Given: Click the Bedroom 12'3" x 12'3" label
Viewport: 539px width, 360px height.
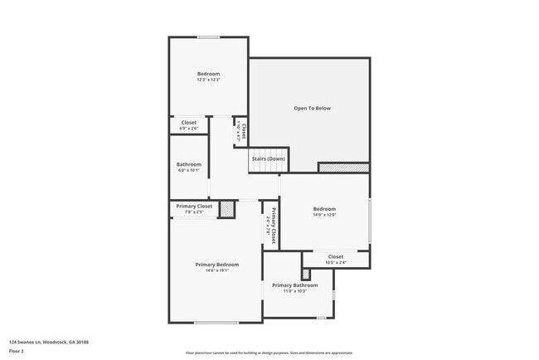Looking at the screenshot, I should point(208,76).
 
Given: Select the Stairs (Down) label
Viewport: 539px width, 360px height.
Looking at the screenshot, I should point(268,158).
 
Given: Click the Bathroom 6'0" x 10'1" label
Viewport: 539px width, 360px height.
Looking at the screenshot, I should point(188,167).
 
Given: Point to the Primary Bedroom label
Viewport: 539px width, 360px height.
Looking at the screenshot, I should point(216,266).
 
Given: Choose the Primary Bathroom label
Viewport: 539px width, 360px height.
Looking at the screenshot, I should point(294,287).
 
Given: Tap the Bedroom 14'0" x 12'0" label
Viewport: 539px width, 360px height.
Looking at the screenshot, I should point(324,211).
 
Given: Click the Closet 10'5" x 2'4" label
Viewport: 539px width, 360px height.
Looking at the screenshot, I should point(335,259).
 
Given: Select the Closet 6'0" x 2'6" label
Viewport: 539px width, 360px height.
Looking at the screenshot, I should point(188,124).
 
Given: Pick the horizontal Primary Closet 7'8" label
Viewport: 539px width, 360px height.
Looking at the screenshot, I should point(193,208).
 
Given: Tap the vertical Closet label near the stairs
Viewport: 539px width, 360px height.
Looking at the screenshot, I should point(243,130).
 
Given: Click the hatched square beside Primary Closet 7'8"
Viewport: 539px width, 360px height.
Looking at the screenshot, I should point(226,209).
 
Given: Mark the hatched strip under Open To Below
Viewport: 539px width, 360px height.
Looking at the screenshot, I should point(343,168).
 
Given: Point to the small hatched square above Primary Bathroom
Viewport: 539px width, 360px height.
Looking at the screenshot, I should point(306,273).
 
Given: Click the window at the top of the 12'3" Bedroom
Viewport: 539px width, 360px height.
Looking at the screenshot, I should point(208,37).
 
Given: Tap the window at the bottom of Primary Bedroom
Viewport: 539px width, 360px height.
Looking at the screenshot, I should point(216,322).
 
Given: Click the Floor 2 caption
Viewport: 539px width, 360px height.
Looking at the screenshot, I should point(17,352).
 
